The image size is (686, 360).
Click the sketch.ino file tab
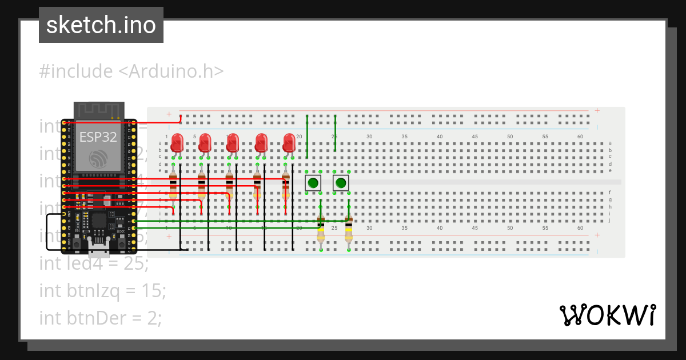pyautogui.click(x=101, y=25)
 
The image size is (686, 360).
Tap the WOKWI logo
pyautogui.click(x=607, y=315)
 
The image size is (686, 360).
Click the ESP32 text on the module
pyautogui.click(x=98, y=138)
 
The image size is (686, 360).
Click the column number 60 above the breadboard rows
pyautogui.click(x=581, y=137)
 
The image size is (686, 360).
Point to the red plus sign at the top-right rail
pyautogui.click(x=597, y=111)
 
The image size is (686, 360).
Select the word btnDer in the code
pyautogui.click(x=91, y=317)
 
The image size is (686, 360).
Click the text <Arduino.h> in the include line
pyautogui.click(x=170, y=71)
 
